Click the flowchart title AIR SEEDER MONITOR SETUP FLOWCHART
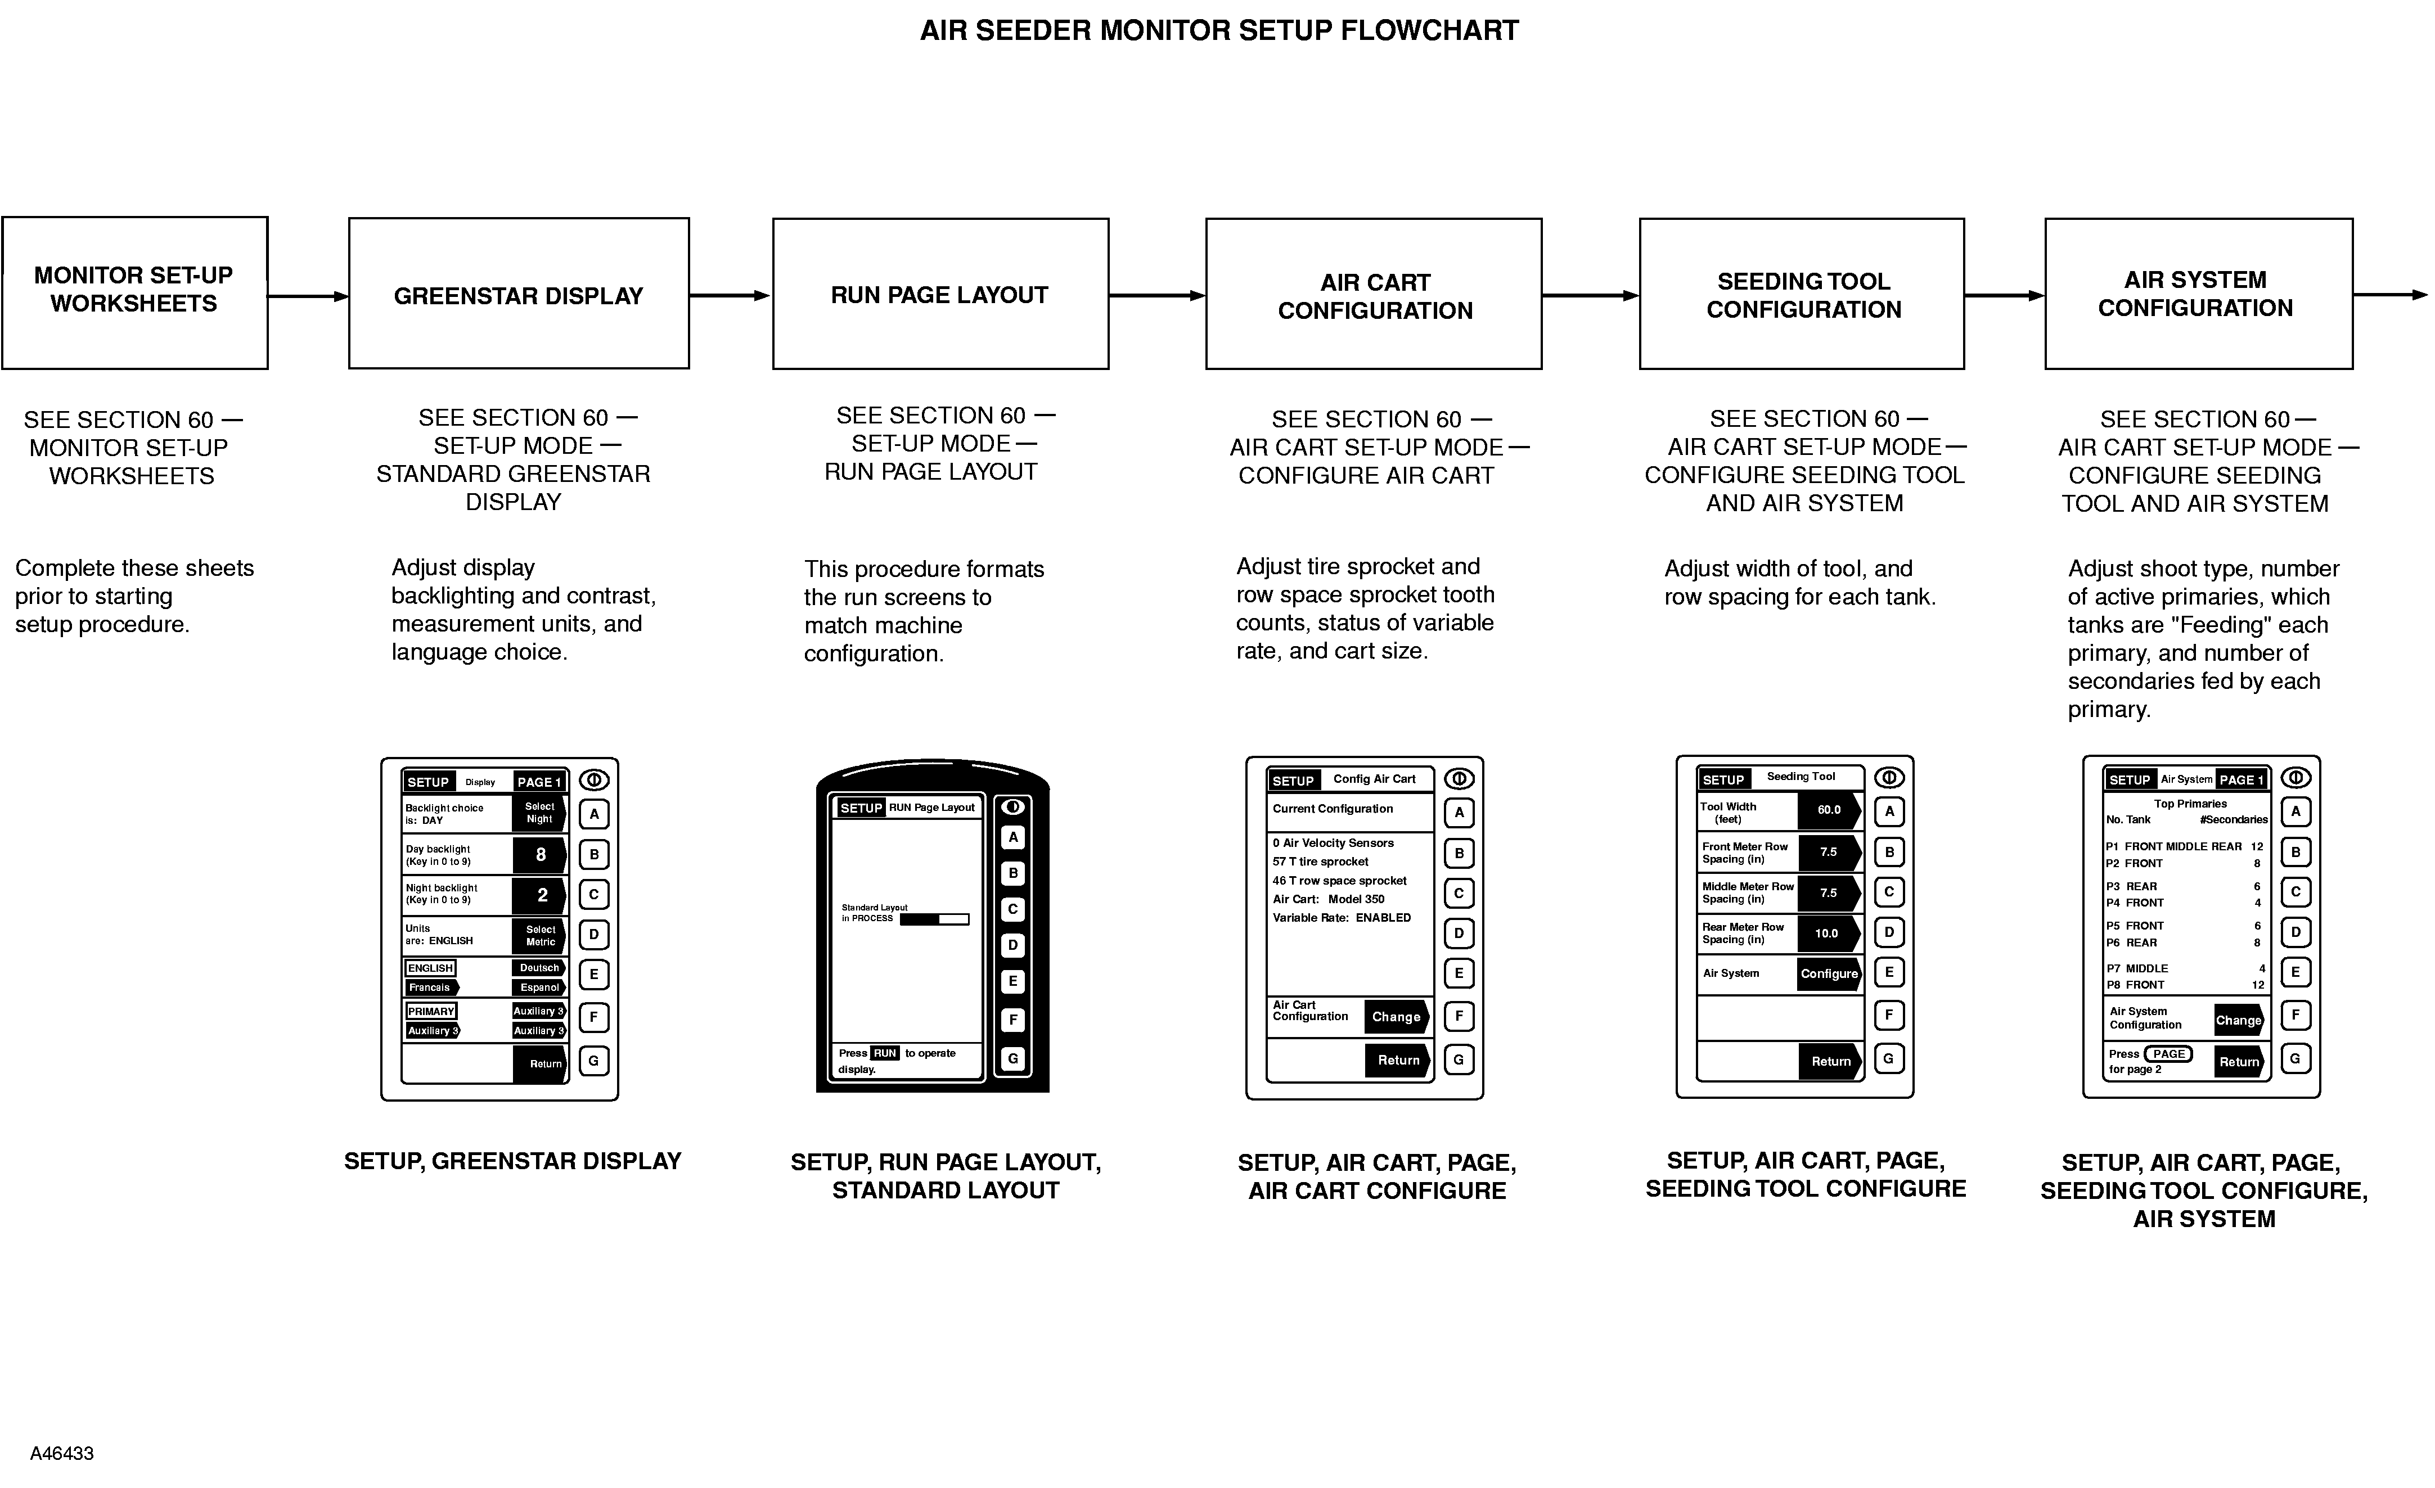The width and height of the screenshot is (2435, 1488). [1218, 30]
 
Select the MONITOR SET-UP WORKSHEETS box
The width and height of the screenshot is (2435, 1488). [134, 292]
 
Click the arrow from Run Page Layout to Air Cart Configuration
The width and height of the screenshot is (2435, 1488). [1156, 295]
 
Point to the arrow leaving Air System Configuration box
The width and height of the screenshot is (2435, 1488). [2389, 295]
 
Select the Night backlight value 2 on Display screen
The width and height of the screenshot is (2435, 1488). [541, 895]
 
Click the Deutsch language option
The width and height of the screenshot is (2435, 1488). [539, 968]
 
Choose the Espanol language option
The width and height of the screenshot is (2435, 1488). [539, 987]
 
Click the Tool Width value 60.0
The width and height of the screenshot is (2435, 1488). [1828, 810]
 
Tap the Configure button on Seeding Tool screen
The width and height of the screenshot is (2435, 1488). [1828, 973]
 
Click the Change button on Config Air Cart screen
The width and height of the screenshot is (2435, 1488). [1396, 1017]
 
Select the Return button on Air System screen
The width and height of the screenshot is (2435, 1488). [2238, 1062]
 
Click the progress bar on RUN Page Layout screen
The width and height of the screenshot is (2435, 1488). [934, 919]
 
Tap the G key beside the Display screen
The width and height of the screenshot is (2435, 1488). [594, 1061]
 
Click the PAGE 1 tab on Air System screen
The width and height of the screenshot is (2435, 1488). [2240, 779]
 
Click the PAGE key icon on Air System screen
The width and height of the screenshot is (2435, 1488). [2168, 1054]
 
